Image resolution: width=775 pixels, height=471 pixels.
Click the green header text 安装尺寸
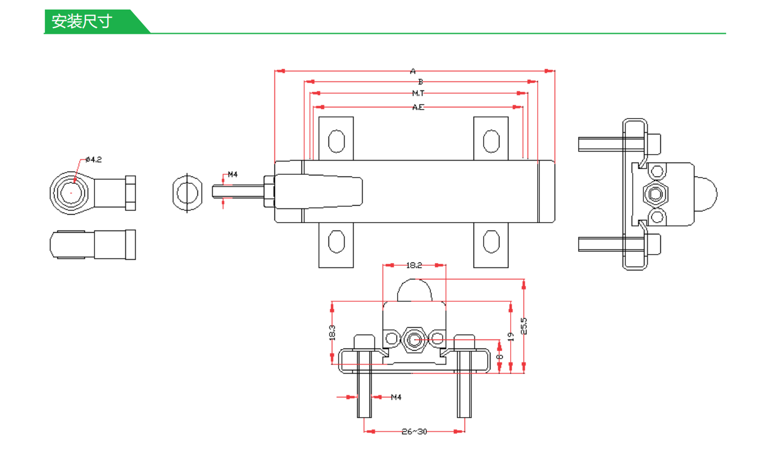coord(82,21)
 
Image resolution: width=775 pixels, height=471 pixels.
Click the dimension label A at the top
coord(413,71)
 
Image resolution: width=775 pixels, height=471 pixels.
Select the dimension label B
coord(420,82)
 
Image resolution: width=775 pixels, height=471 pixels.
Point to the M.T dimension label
coord(418,93)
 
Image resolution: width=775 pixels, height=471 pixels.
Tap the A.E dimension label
coord(418,107)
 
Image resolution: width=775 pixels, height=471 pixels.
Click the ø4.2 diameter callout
coord(94,160)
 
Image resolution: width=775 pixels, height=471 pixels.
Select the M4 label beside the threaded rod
coord(232,174)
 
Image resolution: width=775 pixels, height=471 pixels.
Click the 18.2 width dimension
coord(414,265)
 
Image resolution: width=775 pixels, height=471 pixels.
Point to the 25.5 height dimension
coord(524,326)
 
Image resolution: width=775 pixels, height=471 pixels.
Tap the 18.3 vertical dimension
coord(332,333)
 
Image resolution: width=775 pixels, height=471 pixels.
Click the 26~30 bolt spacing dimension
coord(414,432)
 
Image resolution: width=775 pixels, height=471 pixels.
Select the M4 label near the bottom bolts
coord(396,397)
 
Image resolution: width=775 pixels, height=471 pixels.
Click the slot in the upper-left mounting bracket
coord(336,141)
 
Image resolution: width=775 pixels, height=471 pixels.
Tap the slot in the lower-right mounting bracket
coord(490,241)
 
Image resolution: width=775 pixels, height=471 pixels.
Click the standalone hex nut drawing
coord(187,193)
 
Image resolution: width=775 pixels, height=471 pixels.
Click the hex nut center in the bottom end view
coord(414,339)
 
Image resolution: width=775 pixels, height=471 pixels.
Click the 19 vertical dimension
coord(511,337)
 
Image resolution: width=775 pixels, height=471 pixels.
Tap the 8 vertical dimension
coord(499,357)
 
